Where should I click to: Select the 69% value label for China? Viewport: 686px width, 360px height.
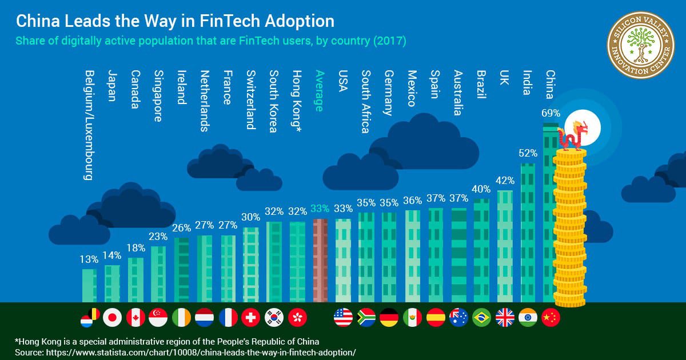551,113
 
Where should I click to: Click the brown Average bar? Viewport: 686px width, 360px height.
320,260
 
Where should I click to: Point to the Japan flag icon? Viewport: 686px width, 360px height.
113,317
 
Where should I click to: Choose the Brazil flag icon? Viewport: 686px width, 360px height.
482,317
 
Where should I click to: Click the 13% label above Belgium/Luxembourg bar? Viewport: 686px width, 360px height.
89,259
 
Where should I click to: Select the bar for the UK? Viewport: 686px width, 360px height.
505,246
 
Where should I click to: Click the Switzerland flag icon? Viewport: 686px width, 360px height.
250,317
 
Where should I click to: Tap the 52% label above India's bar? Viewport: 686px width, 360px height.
528,153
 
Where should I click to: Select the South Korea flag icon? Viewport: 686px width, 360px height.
274,317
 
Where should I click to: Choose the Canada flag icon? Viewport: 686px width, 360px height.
135,317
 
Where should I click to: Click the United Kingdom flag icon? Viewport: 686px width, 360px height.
505,317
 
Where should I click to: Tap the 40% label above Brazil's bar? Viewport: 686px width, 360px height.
482,189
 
